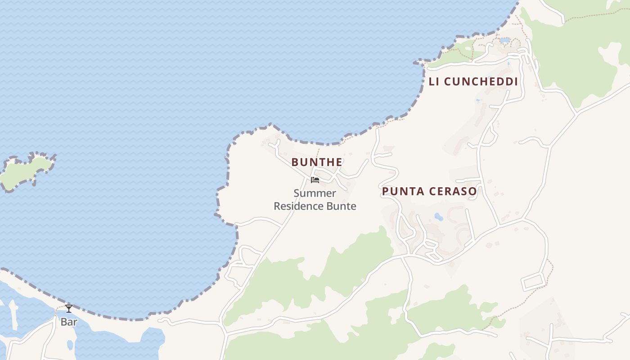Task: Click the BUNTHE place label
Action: point(317,162)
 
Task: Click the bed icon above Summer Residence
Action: point(315,180)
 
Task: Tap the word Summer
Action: point(315,193)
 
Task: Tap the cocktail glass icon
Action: point(69,309)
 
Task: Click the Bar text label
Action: point(69,322)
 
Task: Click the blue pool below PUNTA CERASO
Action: point(438,217)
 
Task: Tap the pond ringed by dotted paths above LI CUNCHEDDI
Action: point(505,40)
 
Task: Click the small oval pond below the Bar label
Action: point(70,345)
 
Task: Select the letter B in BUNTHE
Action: point(295,162)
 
